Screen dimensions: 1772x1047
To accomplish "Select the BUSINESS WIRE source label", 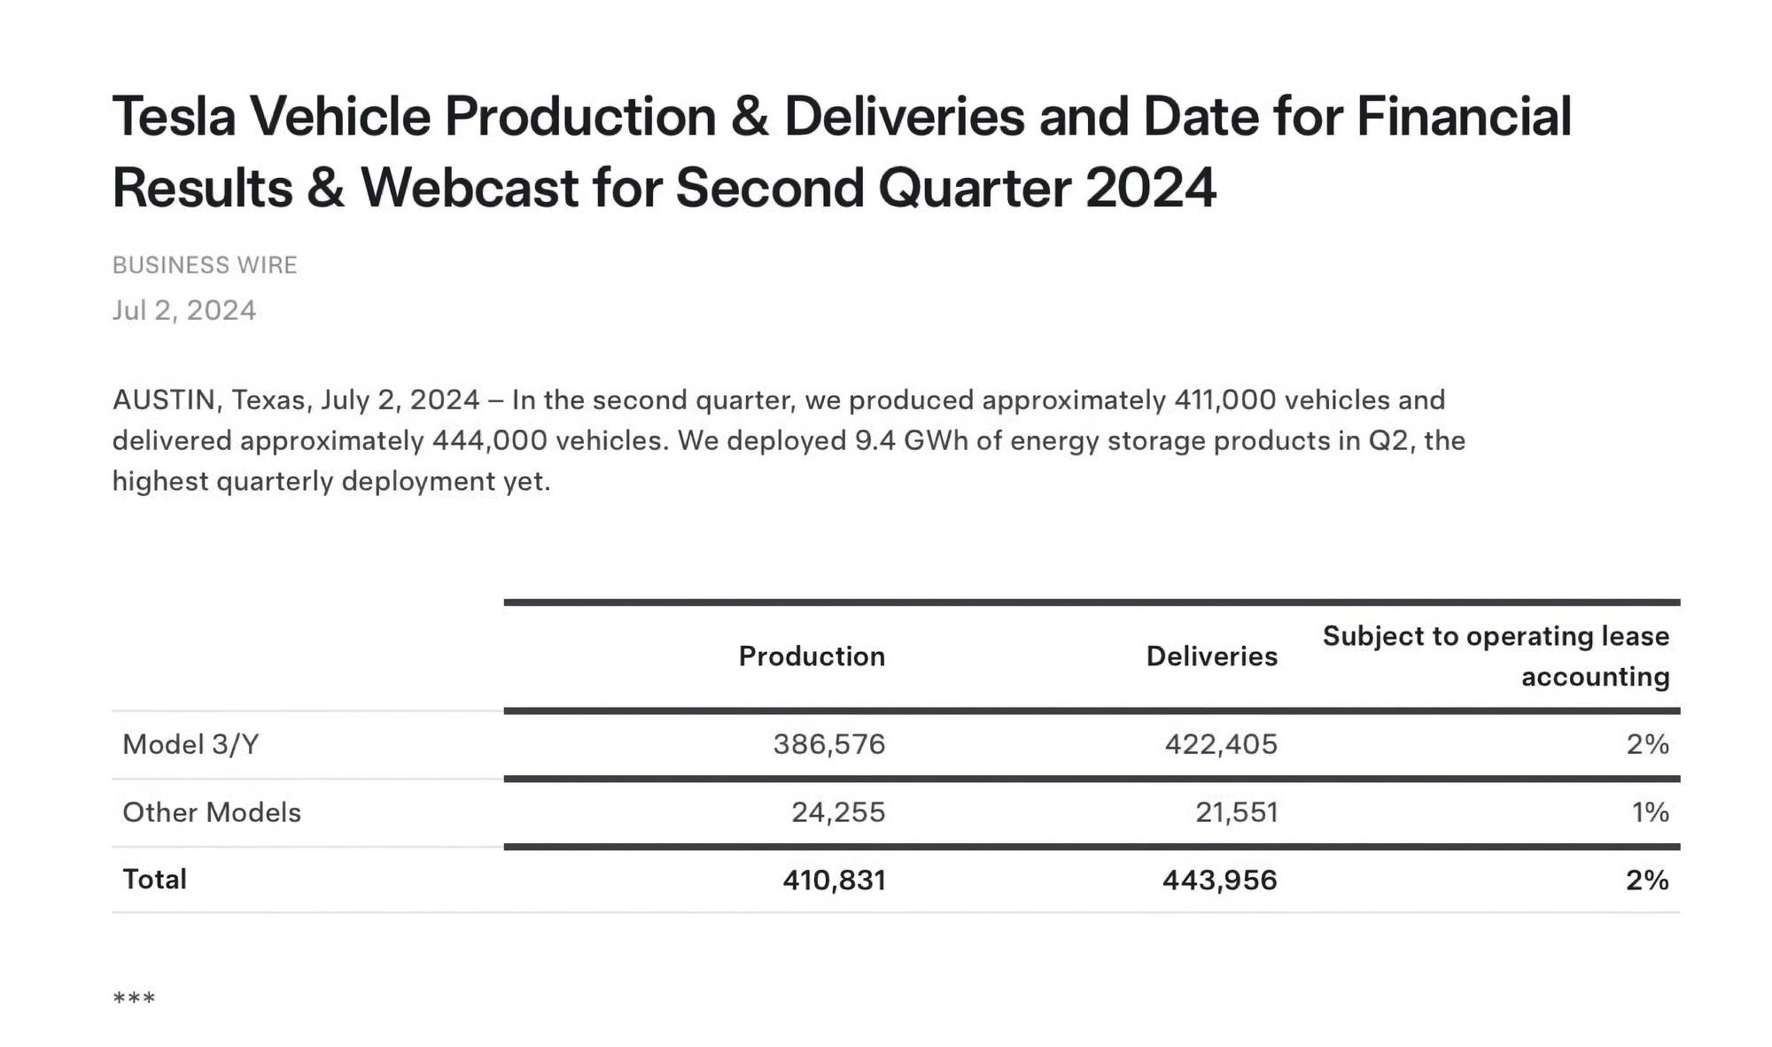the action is point(205,265).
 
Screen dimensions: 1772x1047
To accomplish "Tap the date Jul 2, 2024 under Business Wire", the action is point(184,310).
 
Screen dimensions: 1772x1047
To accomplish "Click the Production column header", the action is point(812,655).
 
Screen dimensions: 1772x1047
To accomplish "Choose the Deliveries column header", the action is point(1211,655).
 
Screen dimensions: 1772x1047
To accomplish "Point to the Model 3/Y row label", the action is point(190,744).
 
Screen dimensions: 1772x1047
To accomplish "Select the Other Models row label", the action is point(212,812).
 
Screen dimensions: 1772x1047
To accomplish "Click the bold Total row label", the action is point(154,879).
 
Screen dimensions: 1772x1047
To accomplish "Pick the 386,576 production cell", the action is point(829,744).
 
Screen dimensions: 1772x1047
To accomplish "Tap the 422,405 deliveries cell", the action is point(1221,744).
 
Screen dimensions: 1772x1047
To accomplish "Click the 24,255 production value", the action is point(838,812).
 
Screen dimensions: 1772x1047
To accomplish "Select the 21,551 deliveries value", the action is point(1237,812).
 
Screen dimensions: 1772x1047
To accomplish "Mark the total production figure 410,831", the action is point(834,880).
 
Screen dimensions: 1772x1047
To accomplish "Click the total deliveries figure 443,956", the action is point(1220,880).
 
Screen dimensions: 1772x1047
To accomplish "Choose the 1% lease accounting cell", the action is point(1651,812).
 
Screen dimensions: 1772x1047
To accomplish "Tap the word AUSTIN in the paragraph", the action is point(165,399).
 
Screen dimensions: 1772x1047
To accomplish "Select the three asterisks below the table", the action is point(134,999).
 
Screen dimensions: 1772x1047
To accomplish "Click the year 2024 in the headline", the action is point(1151,188).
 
